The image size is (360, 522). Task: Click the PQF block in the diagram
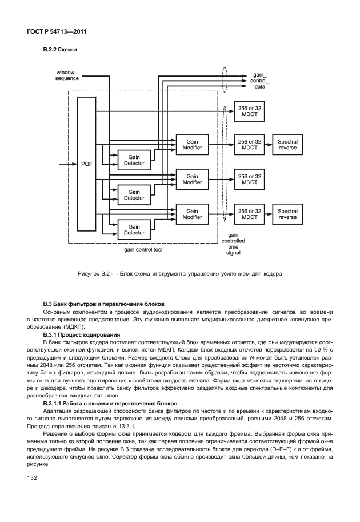86,164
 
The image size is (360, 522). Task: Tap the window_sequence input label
66,75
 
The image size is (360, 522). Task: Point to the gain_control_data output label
259,81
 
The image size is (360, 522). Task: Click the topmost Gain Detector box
134,160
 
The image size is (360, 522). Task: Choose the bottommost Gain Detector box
134,229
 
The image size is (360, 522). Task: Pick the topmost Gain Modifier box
192,145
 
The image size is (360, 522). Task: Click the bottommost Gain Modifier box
192,214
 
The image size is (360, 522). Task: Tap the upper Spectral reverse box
287,145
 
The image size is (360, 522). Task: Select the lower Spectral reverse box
287,214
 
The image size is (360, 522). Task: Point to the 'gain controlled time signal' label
233,243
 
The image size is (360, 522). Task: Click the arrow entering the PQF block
69,164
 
